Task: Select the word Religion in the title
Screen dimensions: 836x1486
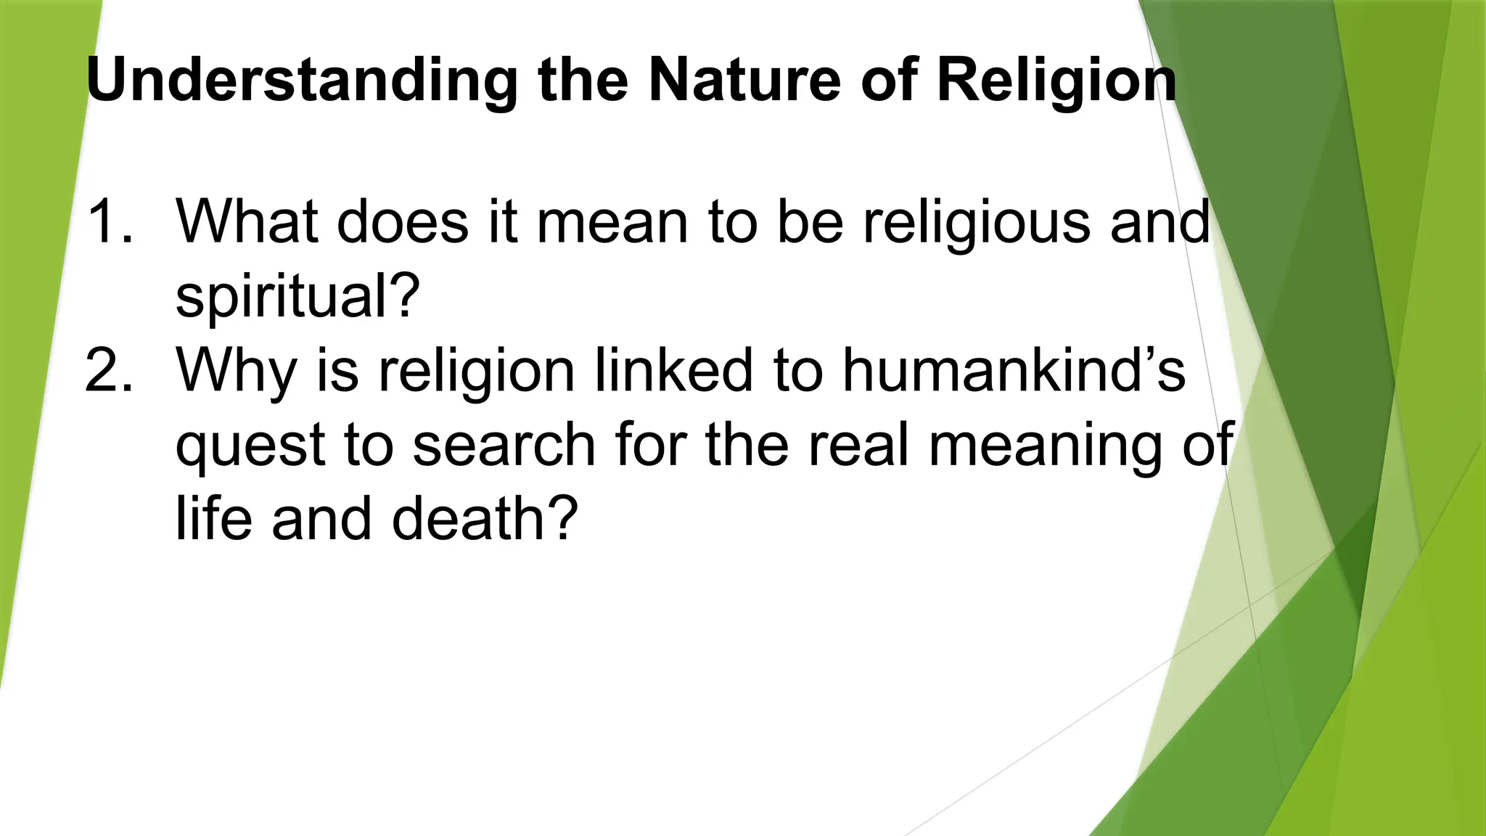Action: click(x=1056, y=81)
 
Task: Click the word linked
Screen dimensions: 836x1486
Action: click(x=673, y=370)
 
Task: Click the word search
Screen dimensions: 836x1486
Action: click(x=504, y=444)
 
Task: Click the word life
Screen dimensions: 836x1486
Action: click(x=214, y=518)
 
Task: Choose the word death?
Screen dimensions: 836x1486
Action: click(x=485, y=518)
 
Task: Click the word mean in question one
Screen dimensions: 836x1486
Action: click(x=612, y=222)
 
